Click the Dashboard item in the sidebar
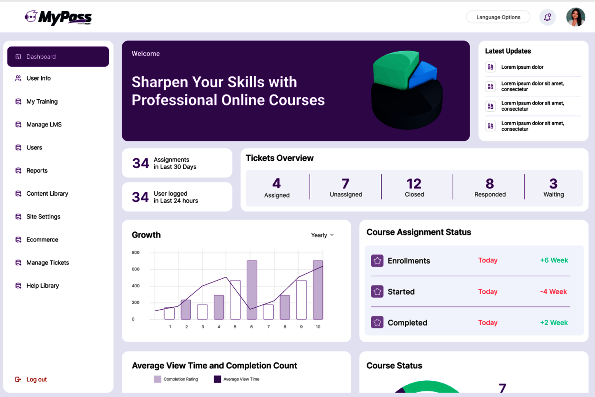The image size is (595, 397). pos(58,57)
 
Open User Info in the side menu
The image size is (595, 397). pos(38,79)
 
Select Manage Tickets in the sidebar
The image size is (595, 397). pos(48,263)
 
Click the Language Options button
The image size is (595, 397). pos(498,17)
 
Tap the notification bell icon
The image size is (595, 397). pos(547,17)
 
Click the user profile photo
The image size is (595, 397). pos(576,17)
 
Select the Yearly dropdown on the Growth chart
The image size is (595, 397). pos(322,235)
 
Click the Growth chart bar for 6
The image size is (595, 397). pos(252,290)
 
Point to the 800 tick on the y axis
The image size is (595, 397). pos(136,252)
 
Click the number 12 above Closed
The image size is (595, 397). pos(414,184)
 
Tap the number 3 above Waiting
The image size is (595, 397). pos(553,184)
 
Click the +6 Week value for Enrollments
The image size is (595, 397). pos(554,260)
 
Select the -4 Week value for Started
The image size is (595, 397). pos(553,292)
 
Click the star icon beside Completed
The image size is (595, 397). pos(377,322)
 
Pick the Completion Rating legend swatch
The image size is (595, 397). pos(157,379)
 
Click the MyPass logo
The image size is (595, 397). pos(58,17)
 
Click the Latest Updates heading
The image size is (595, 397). pos(508,51)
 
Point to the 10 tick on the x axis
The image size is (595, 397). pos(318,327)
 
